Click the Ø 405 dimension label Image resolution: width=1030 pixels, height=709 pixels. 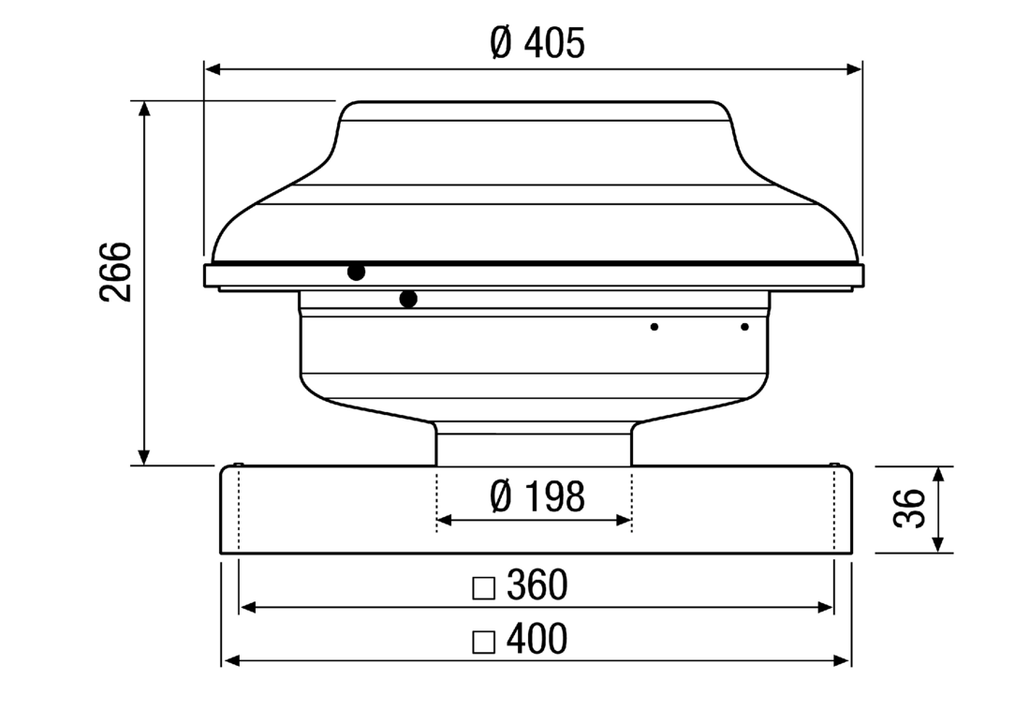tap(537, 43)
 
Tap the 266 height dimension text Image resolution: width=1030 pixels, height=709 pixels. tap(115, 272)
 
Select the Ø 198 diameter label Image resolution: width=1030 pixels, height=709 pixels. tap(537, 496)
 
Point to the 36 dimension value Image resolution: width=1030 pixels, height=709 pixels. tap(909, 509)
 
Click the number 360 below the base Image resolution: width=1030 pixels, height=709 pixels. tap(537, 584)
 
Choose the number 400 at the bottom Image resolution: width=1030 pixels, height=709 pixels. tap(537, 639)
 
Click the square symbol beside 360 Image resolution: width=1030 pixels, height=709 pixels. tap(483, 589)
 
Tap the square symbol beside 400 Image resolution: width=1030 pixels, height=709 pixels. tap(483, 643)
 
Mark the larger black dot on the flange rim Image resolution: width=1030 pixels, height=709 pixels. tap(356, 272)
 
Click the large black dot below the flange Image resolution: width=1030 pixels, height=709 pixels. tap(408, 299)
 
